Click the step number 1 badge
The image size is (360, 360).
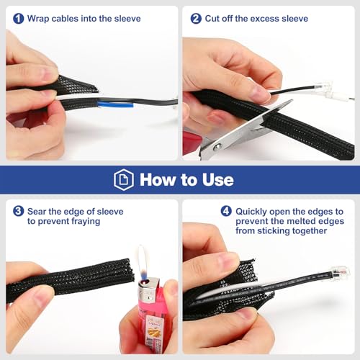[19, 19]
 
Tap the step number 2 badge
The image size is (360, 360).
[196, 19]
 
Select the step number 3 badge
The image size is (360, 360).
[19, 211]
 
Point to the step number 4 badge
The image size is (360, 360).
[226, 211]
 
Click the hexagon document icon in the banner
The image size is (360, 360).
[124, 179]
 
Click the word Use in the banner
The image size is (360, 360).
[217, 179]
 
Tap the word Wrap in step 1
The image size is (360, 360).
[38, 19]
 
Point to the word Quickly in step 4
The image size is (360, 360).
[251, 212]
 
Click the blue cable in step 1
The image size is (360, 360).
[115, 104]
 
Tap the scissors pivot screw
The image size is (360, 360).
[217, 147]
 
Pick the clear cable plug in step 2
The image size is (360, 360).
[325, 86]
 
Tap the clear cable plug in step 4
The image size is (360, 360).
[341, 271]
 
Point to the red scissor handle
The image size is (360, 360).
[192, 143]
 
